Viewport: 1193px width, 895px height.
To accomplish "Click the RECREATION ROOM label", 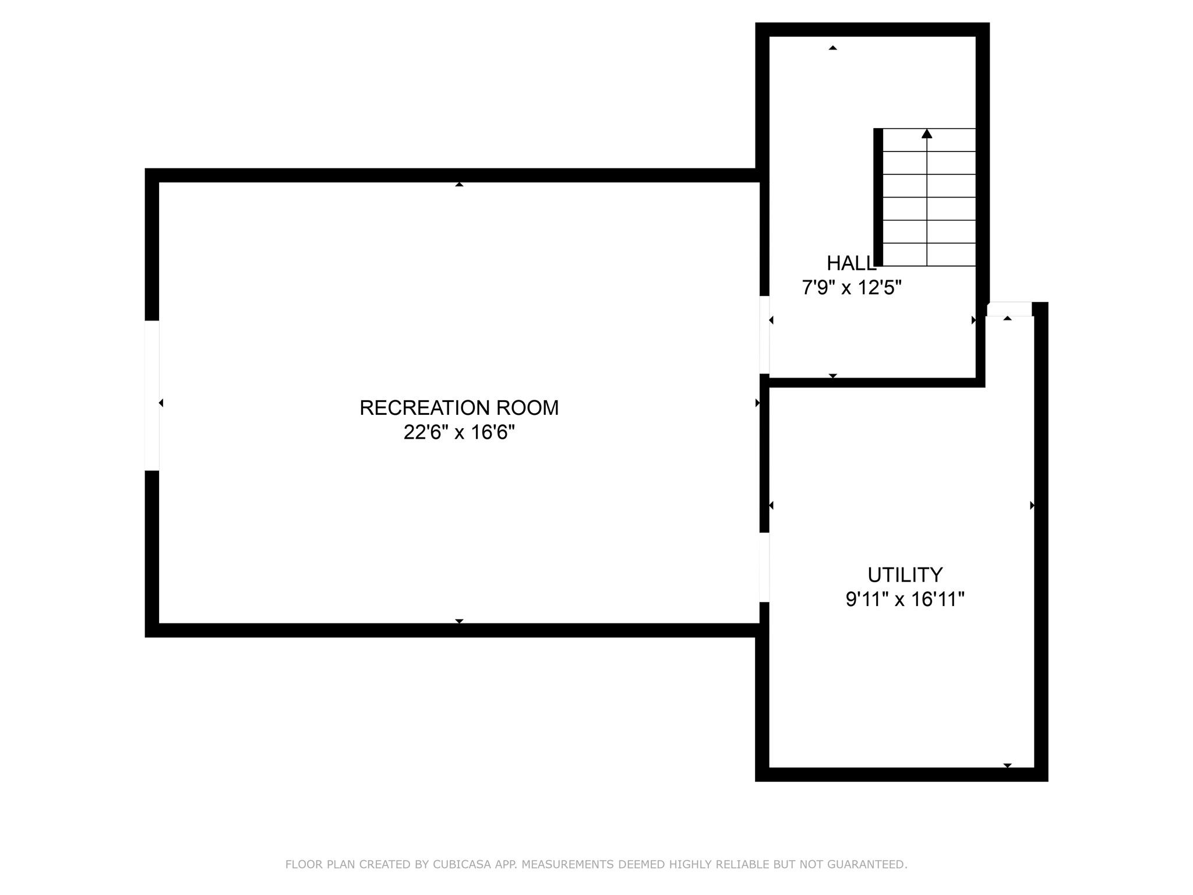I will (x=459, y=408).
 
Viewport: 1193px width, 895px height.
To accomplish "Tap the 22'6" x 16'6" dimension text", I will (x=459, y=433).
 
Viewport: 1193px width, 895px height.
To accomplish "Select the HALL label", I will (x=851, y=263).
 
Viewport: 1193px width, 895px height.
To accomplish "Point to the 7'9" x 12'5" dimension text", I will (x=852, y=288).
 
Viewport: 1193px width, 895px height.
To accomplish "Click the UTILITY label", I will (x=905, y=575).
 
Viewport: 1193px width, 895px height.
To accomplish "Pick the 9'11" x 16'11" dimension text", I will (x=905, y=600).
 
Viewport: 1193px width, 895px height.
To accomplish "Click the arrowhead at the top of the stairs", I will (x=927, y=134).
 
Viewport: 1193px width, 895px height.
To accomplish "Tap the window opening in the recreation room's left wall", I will (x=152, y=395).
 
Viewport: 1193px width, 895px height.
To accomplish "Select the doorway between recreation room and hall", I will (x=764, y=335).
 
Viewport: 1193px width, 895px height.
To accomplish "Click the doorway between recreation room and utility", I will (x=764, y=567).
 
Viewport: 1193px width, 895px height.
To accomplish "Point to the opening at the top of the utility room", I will (x=1010, y=309).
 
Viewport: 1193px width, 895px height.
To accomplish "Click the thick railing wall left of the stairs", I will (x=878, y=197).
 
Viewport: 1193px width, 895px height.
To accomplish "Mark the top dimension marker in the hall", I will (x=833, y=48).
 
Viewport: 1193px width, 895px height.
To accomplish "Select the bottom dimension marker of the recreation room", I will (x=459, y=621).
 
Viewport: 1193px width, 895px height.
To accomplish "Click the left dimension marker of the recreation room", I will (x=161, y=403).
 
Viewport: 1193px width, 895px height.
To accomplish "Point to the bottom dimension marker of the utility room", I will (x=1008, y=765).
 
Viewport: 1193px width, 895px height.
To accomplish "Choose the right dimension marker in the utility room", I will (x=1032, y=505).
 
